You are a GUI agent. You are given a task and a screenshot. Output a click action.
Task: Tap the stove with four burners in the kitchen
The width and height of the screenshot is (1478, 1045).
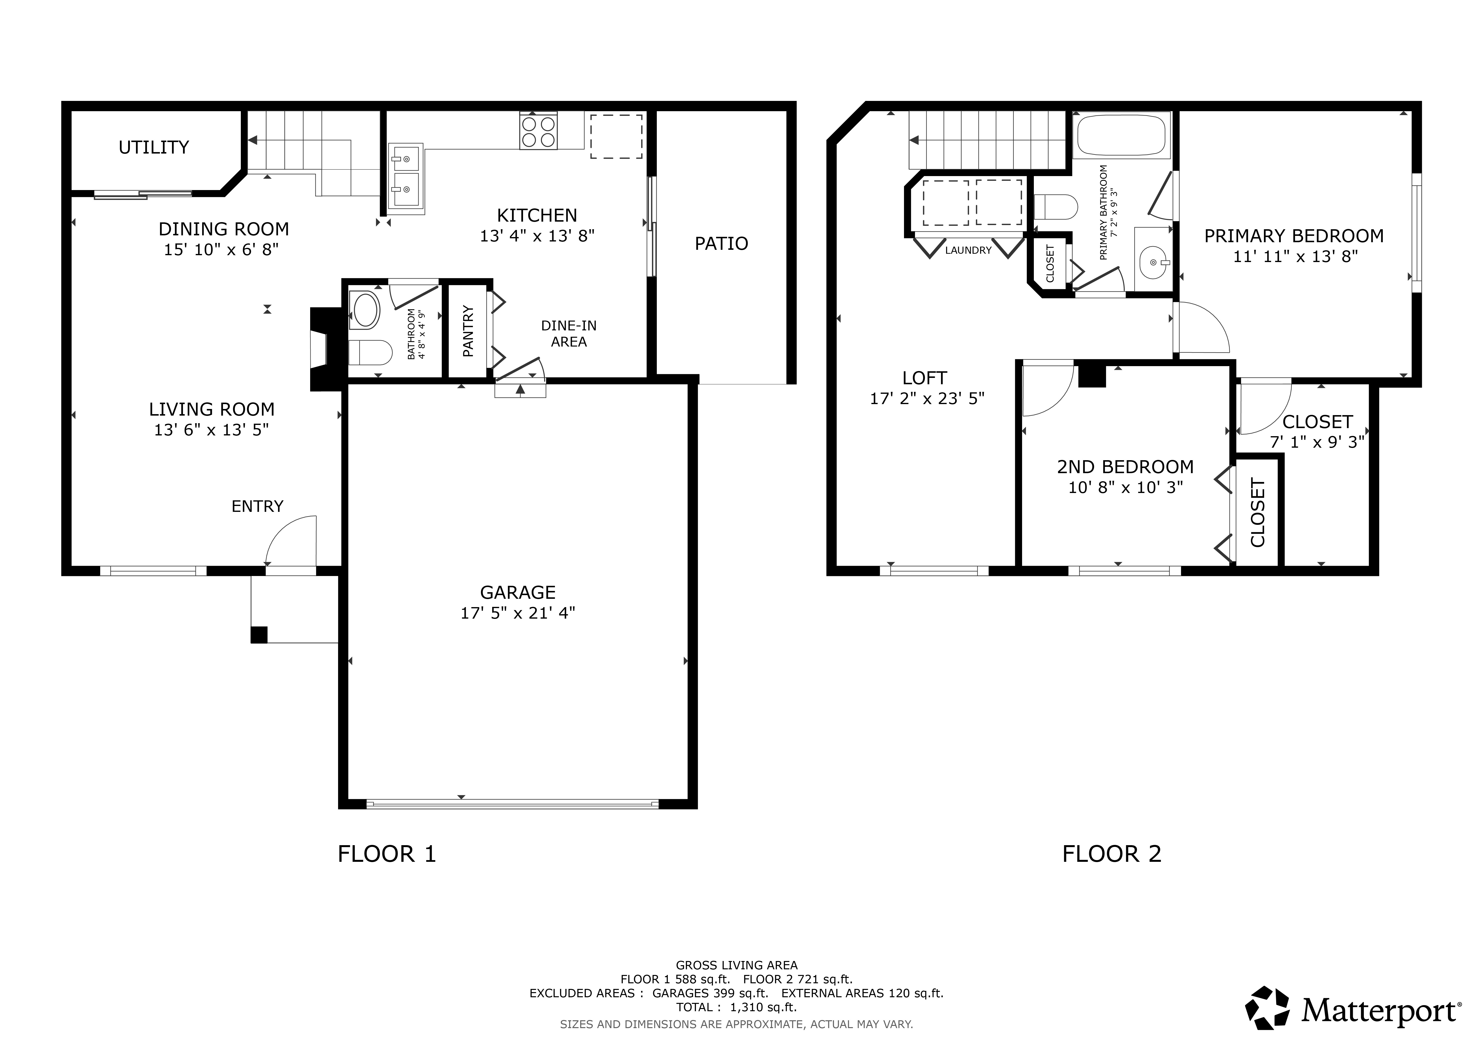click(539, 131)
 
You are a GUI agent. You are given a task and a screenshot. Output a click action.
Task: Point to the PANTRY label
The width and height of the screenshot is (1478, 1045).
click(468, 331)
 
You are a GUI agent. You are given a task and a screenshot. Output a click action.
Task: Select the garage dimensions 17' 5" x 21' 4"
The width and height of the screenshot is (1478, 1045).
click(518, 613)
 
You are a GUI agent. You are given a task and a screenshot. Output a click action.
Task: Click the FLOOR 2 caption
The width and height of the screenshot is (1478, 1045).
click(1112, 854)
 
